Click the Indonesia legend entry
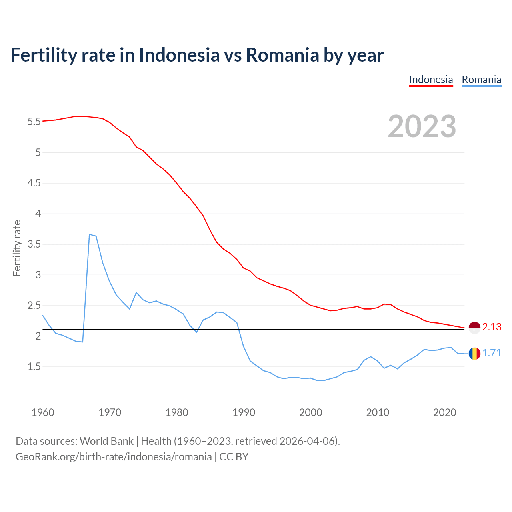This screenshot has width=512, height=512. (x=431, y=80)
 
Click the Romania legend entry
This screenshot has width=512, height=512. (x=481, y=80)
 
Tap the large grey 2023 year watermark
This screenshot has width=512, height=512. (x=422, y=126)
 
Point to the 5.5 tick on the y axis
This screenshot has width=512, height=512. (x=34, y=122)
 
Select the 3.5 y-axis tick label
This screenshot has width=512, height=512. (x=34, y=244)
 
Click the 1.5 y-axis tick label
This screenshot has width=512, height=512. (x=34, y=366)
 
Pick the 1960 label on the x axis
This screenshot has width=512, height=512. (x=43, y=412)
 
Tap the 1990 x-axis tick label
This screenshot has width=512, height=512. (x=244, y=412)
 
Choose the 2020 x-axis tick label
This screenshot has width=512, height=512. (x=444, y=412)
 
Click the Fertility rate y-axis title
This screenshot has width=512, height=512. (x=17, y=248)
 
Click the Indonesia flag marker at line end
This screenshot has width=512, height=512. (x=474, y=328)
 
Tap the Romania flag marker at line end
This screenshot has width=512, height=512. (x=474, y=354)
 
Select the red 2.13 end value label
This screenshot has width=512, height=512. (x=492, y=327)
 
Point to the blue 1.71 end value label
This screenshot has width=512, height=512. (x=492, y=353)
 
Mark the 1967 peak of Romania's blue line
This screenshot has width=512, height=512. (x=90, y=234)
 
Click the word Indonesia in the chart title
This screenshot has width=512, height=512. (x=179, y=55)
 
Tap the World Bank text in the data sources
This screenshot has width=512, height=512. (x=106, y=441)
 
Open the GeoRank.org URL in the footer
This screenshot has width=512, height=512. (x=114, y=457)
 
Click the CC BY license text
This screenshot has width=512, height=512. (x=234, y=457)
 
